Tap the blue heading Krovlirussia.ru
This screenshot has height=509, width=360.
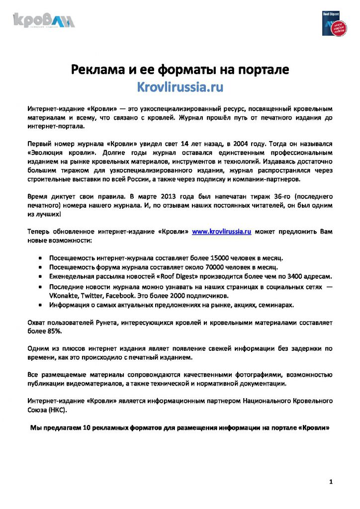[x=180, y=87]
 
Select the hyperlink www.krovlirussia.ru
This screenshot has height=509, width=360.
[x=221, y=232]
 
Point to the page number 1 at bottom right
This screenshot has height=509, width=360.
[x=331, y=482]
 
